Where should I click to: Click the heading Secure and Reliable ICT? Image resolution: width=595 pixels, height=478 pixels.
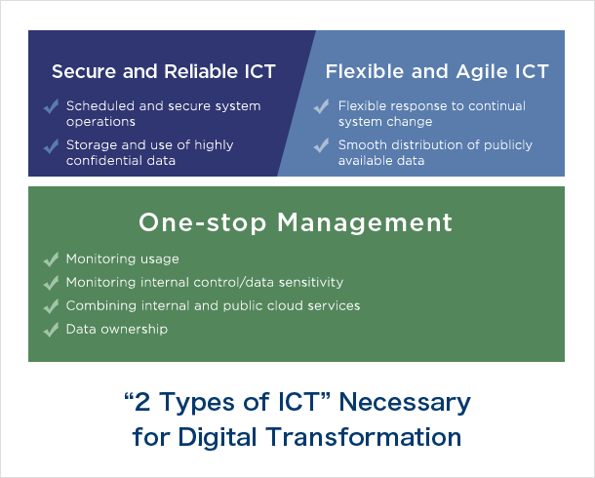click(x=164, y=71)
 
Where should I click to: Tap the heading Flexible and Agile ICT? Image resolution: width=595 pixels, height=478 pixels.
click(x=437, y=71)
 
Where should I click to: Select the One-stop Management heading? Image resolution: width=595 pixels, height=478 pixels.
click(x=296, y=222)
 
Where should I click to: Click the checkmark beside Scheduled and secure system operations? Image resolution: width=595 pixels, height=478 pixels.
click(x=52, y=106)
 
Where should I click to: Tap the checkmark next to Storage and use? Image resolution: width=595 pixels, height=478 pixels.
click(x=52, y=146)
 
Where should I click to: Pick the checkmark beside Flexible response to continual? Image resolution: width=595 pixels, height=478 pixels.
click(x=322, y=106)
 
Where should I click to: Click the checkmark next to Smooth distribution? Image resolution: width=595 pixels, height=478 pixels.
click(x=322, y=145)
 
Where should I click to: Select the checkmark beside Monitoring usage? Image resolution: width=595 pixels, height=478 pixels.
click(x=52, y=259)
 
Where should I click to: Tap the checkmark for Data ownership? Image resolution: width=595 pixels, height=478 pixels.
click(x=52, y=330)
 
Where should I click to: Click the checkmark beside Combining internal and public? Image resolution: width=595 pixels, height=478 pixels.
click(x=52, y=306)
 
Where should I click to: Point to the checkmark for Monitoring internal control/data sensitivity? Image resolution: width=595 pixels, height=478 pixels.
click(x=52, y=283)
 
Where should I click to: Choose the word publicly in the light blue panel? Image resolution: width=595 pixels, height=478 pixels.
click(x=508, y=145)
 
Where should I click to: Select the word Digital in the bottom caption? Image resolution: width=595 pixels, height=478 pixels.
click(x=218, y=436)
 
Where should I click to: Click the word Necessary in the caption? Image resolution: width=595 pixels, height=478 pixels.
click(x=405, y=403)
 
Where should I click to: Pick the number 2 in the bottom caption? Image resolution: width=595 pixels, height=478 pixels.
click(x=141, y=402)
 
